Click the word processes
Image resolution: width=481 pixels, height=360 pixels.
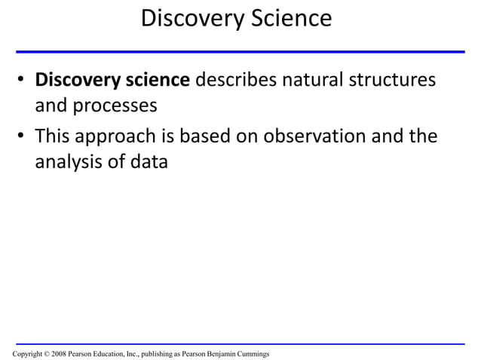point(115,105)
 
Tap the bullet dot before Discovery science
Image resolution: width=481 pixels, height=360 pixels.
point(23,81)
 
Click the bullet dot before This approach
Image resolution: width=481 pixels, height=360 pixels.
point(23,136)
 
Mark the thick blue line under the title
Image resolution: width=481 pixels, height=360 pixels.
point(240,52)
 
